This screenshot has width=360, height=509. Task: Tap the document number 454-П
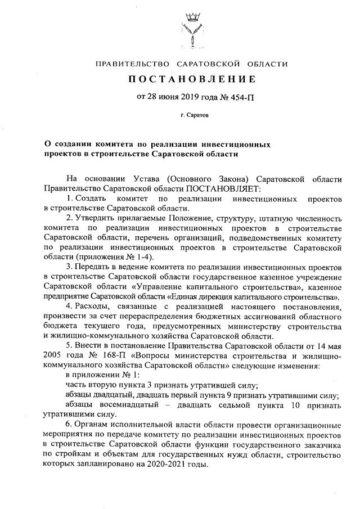[x=240, y=97]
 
